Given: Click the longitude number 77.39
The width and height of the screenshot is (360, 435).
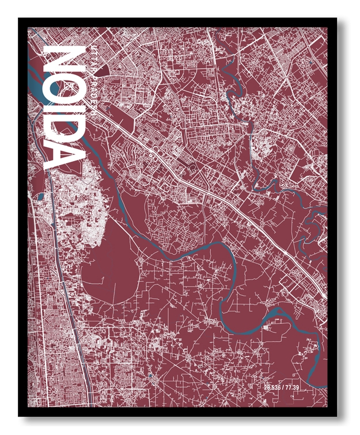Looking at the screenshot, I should point(292,387).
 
